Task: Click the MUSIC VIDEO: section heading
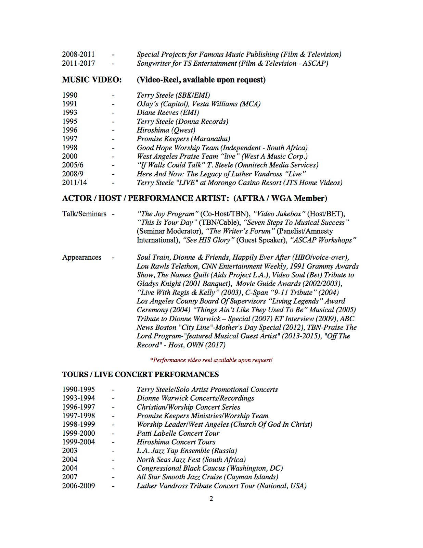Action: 92,80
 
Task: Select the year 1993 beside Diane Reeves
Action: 70,112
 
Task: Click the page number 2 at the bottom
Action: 211,498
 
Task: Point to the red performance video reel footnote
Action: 211,360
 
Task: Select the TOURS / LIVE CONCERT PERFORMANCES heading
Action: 140,374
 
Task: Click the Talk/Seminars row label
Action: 84,214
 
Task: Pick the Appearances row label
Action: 81,257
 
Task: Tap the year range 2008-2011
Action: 78,54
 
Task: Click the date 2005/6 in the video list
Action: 73,165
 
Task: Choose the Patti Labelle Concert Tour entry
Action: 178,433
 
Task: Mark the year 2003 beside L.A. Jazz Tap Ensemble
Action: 70,451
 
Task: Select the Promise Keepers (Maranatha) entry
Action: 183,139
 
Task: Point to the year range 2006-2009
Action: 78,486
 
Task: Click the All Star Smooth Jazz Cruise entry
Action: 207,477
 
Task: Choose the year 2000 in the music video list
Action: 70,156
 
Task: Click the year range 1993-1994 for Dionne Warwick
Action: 78,398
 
